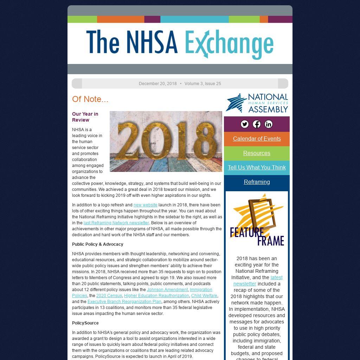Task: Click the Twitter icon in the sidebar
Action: coord(245,124)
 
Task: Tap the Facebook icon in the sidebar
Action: coord(257,124)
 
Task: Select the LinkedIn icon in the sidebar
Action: coord(269,124)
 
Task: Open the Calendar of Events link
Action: coord(257,139)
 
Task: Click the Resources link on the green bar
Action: coord(257,153)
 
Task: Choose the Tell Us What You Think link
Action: coord(257,167)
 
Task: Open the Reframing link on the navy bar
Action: coord(257,182)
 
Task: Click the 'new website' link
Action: coord(145,205)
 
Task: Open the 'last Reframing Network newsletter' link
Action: coord(116,223)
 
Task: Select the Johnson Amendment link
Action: coord(167,290)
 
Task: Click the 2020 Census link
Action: coord(109,296)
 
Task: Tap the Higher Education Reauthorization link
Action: coord(156,296)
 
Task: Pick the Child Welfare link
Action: coord(204,296)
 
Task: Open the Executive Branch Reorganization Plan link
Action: coord(124,302)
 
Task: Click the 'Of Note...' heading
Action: coord(90,99)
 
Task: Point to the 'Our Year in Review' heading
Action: coord(85,117)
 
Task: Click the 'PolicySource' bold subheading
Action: coord(85,323)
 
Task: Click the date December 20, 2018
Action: coord(157,84)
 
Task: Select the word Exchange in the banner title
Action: coord(229,44)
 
